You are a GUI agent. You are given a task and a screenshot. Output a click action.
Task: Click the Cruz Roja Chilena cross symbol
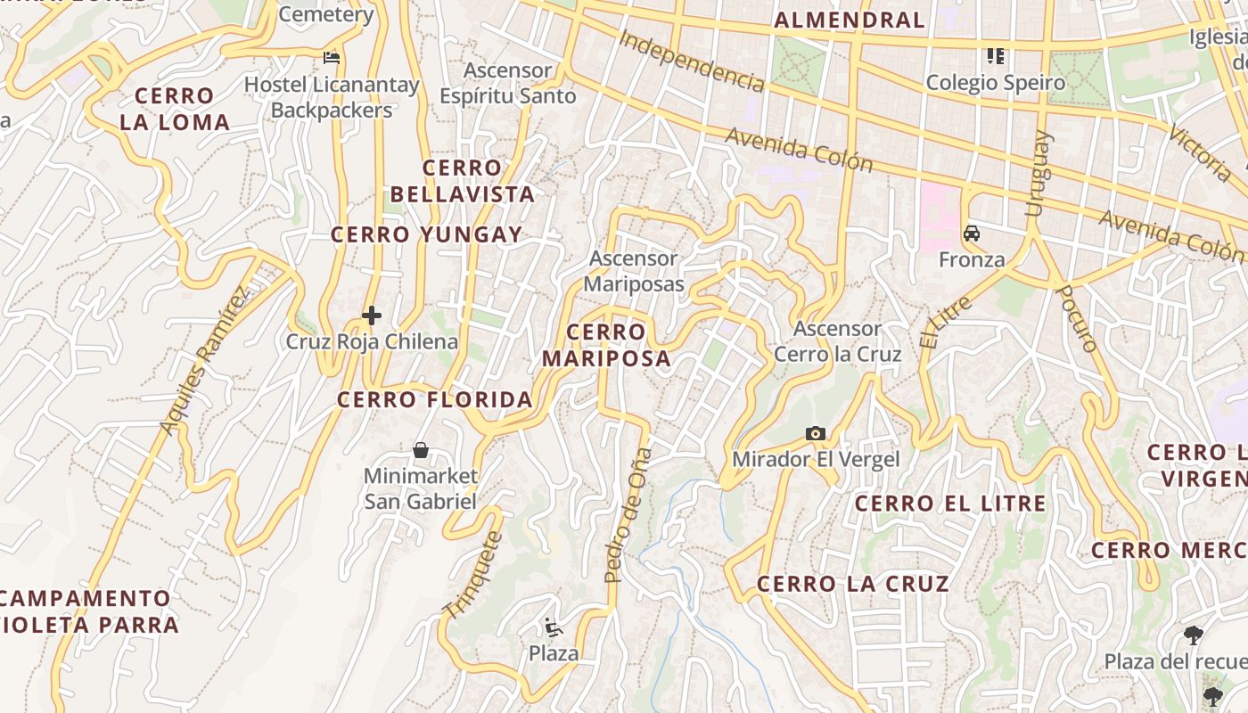(x=372, y=316)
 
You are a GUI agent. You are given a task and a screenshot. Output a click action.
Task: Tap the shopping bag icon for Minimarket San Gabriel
(x=421, y=450)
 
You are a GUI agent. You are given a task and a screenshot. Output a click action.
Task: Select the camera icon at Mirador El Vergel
(x=815, y=434)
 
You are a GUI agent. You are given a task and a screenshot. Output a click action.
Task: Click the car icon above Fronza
(x=972, y=234)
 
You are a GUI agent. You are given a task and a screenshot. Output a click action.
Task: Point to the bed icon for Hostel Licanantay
(x=332, y=59)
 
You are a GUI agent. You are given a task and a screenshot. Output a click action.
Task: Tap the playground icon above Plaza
(x=554, y=627)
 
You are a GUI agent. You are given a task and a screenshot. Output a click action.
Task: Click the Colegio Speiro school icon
(x=996, y=57)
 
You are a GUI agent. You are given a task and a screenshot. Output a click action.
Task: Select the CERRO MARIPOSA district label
(x=606, y=345)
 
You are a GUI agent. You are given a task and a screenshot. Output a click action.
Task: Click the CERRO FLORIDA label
(x=435, y=399)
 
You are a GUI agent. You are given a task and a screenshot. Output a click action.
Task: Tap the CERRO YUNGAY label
(x=427, y=235)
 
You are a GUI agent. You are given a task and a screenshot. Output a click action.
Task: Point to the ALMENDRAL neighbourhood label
(x=850, y=20)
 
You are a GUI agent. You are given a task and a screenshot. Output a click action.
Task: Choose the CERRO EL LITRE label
(x=950, y=504)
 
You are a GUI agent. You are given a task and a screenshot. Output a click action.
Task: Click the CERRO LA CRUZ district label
(x=853, y=584)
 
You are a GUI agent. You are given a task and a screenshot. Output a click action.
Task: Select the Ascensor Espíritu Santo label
(x=508, y=83)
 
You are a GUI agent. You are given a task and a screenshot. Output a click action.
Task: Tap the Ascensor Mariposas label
(x=634, y=271)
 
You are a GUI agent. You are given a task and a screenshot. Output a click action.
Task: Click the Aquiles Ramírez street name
(x=204, y=360)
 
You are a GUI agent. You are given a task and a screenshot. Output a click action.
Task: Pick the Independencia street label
(x=691, y=61)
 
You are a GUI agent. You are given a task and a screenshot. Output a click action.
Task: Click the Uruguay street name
(x=1039, y=174)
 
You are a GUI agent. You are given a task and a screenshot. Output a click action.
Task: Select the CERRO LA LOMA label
(x=175, y=109)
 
